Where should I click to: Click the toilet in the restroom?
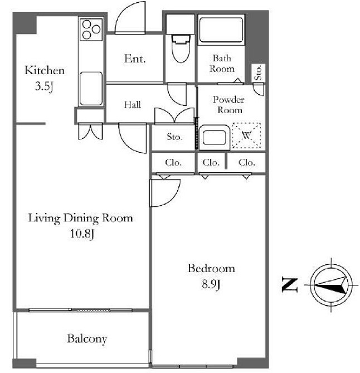[181, 49]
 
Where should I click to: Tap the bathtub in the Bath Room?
[221, 30]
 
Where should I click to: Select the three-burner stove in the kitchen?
[91, 30]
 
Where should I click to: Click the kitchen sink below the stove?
[91, 89]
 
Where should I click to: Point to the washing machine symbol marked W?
[246, 135]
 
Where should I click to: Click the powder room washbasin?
[215, 138]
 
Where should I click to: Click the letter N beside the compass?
[290, 284]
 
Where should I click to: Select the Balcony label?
[87, 339]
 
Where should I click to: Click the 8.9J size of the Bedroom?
[211, 284]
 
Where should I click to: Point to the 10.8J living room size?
[82, 234]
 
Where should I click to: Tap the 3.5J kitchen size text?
[44, 86]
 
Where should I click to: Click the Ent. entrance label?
[135, 59]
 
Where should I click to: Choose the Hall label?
[133, 104]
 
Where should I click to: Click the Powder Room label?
[228, 105]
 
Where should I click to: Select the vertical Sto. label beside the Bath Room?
[258, 72]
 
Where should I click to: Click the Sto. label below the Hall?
[174, 137]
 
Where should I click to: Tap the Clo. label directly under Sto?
[173, 162]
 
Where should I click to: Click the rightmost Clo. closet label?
[247, 162]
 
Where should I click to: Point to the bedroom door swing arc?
[173, 199]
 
